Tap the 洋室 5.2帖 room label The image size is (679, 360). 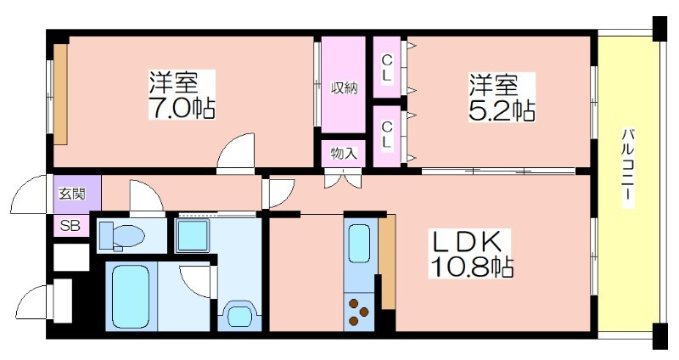click(x=502, y=97)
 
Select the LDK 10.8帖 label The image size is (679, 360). click(x=471, y=253)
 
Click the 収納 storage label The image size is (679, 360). click(x=345, y=88)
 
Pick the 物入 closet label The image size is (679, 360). click(x=344, y=154)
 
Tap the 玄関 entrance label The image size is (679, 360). click(x=72, y=194)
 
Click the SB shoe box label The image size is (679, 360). click(x=70, y=225)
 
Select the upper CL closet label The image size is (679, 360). click(x=386, y=67)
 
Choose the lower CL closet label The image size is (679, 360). click(x=386, y=135)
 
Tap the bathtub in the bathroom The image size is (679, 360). click(x=131, y=297)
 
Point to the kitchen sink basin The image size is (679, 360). click(x=359, y=243)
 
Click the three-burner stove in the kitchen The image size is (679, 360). click(x=359, y=312)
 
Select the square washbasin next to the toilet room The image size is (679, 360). click(x=193, y=235)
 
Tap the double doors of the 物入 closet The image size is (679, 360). click(x=343, y=178)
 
